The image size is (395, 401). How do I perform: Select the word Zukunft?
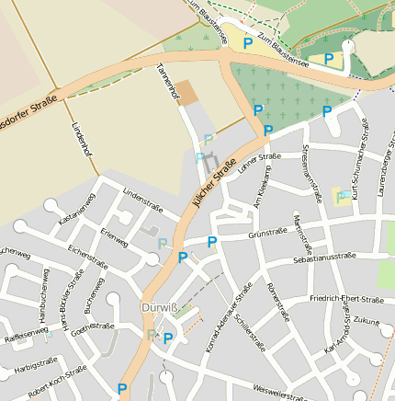tap(366, 322)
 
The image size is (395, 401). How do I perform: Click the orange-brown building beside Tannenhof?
tap(186, 92)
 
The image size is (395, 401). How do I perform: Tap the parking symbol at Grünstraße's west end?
tap(212, 242)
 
